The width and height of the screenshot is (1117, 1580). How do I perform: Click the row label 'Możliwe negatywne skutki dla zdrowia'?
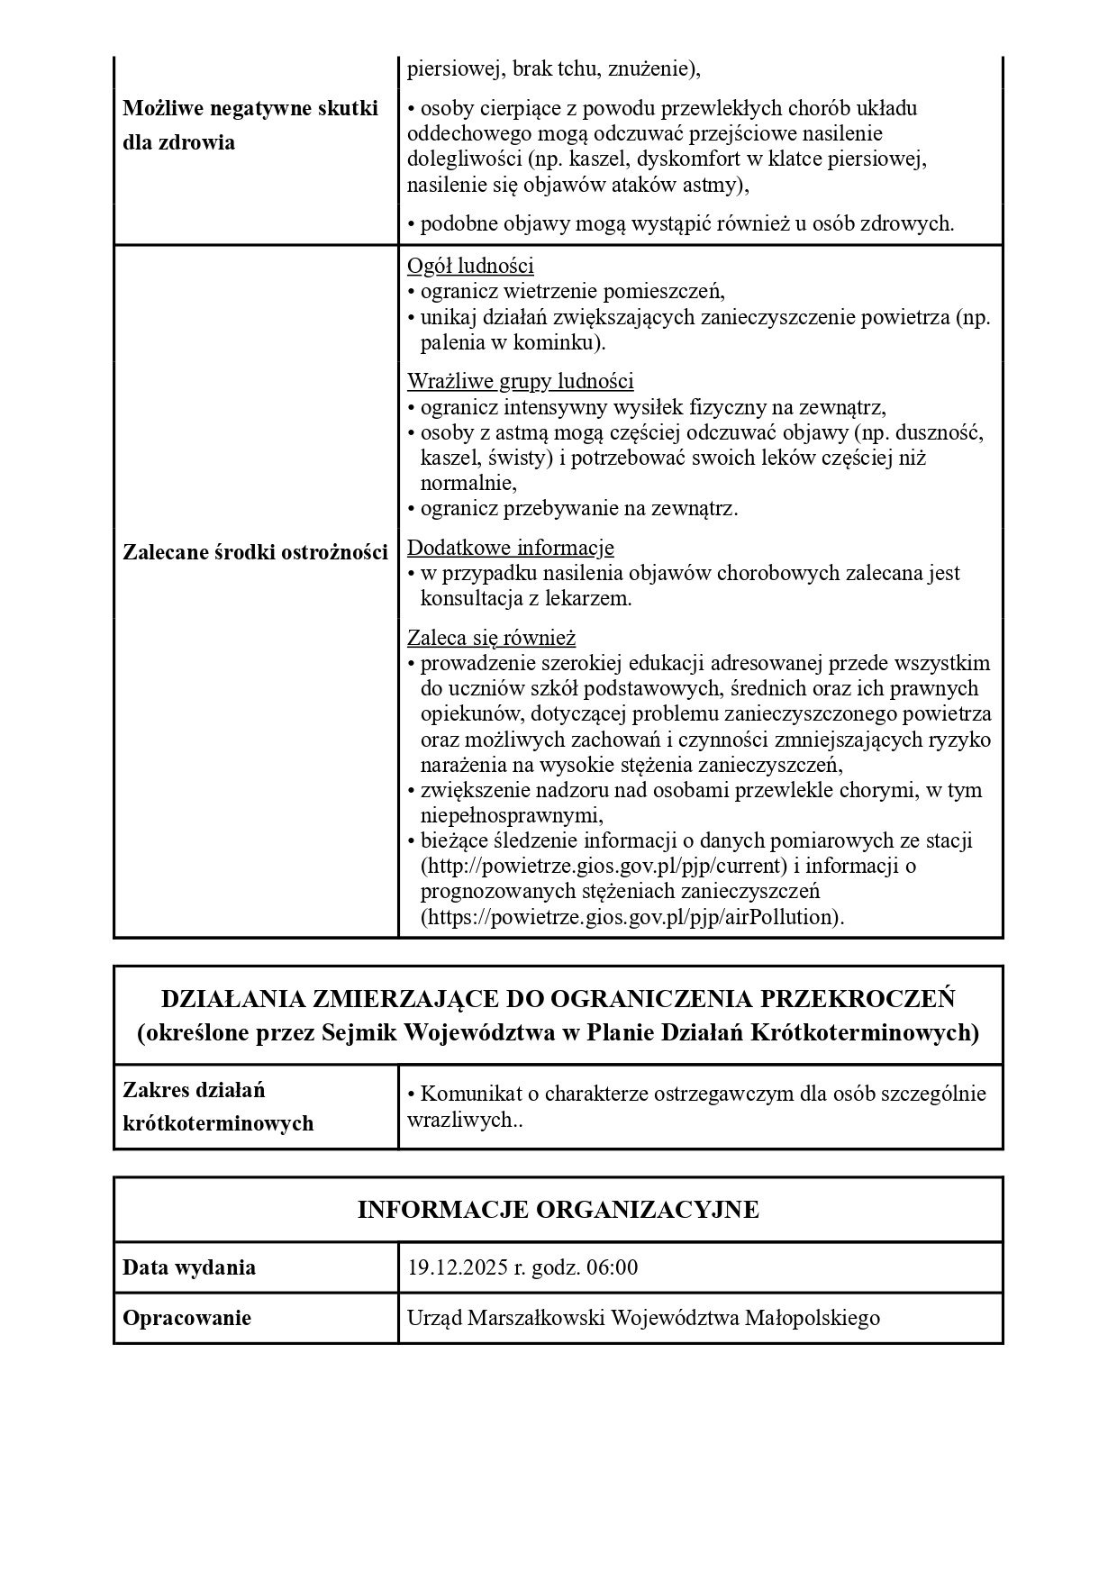click(250, 126)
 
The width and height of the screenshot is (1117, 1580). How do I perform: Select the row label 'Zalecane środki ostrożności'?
click(255, 553)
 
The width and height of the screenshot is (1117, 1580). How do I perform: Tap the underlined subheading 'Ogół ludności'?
click(470, 267)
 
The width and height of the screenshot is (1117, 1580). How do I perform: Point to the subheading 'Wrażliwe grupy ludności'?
click(520, 381)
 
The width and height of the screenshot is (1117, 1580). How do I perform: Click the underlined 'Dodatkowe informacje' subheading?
click(510, 548)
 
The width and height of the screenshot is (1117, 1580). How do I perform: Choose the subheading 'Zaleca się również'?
click(491, 639)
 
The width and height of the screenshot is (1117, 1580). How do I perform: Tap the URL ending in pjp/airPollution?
click(632, 917)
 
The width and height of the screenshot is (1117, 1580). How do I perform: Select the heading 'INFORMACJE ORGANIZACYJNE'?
click(558, 1210)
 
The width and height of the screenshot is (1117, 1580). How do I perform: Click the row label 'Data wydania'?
click(189, 1268)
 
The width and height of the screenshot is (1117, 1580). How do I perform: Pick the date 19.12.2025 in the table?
click(458, 1268)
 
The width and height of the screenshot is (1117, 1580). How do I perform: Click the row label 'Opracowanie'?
click(186, 1319)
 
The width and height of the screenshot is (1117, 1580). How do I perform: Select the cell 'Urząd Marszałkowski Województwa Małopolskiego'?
click(643, 1319)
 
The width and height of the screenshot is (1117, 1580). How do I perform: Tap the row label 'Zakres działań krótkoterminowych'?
click(218, 1107)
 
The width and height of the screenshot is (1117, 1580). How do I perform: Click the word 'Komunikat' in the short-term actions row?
click(465, 1094)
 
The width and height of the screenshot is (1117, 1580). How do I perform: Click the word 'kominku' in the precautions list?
click(556, 343)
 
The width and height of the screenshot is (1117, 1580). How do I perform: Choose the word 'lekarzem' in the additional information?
click(586, 599)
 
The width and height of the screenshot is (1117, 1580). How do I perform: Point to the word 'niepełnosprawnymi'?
click(510, 816)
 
